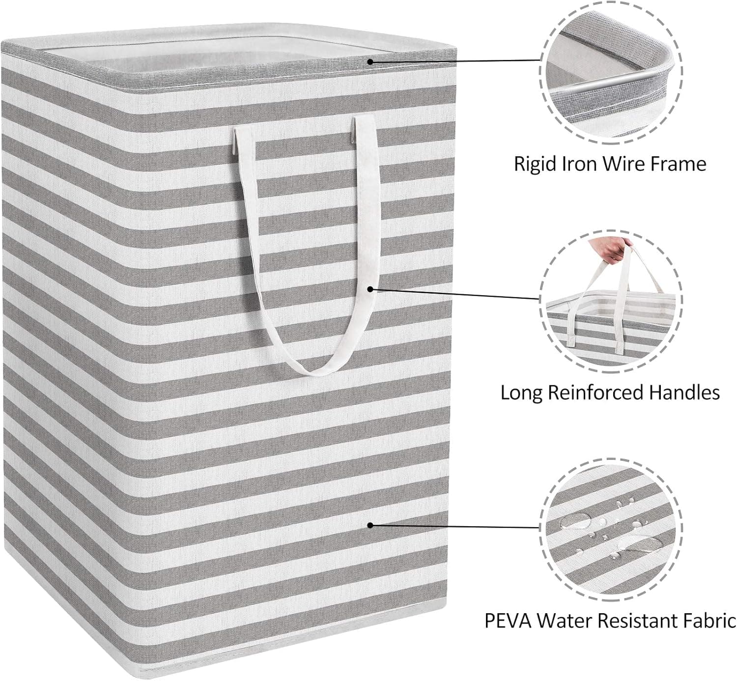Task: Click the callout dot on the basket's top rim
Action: pos(370,61)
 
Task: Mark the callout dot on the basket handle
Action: pos(370,289)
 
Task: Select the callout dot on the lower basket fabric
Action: pos(370,525)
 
